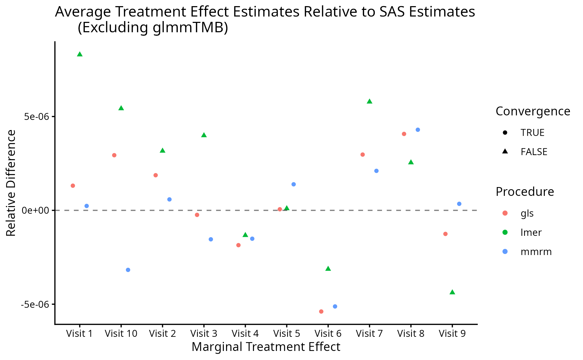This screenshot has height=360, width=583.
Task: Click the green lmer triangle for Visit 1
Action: click(x=80, y=54)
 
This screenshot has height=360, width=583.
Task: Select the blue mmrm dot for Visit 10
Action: click(x=128, y=270)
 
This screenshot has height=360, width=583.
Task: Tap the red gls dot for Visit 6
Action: click(x=321, y=312)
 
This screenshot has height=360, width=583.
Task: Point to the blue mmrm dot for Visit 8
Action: click(x=418, y=130)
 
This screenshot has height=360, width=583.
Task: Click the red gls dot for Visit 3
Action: click(x=197, y=215)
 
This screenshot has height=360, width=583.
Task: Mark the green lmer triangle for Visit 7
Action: click(x=369, y=102)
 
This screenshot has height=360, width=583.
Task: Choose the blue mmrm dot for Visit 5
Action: click(x=293, y=184)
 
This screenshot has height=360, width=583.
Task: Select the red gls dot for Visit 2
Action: click(x=156, y=175)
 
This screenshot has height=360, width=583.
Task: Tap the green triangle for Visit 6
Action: click(x=328, y=269)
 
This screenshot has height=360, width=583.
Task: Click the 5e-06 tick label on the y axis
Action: click(x=37, y=117)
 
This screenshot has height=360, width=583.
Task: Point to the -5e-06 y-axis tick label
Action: click(x=35, y=304)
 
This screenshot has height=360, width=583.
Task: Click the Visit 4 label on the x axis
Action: click(x=245, y=334)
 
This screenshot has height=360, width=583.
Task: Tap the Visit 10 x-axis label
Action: click(x=121, y=334)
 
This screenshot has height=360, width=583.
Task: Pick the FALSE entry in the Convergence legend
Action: click(x=534, y=152)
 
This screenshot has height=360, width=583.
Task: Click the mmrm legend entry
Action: click(x=536, y=252)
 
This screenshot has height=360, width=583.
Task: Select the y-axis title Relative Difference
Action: click(x=11, y=183)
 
